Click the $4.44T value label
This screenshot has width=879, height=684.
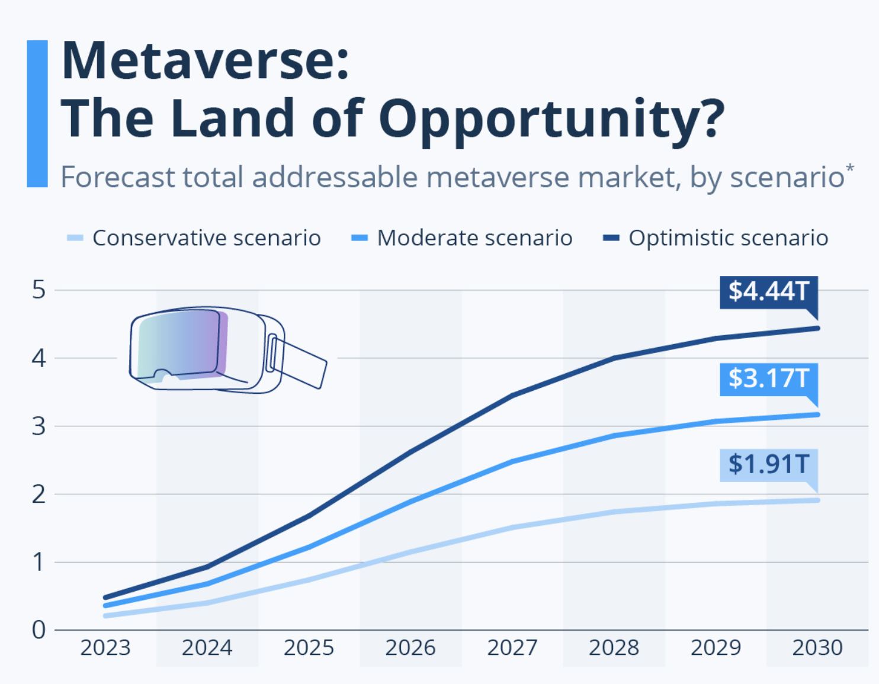768,291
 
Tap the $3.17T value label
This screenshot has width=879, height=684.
768,378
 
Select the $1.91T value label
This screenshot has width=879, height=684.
768,464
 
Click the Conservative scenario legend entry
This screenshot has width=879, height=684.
206,238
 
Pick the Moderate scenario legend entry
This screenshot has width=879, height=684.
474,238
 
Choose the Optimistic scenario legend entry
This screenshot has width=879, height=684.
728,238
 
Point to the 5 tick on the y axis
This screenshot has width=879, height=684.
39,290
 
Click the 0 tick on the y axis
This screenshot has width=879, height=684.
39,630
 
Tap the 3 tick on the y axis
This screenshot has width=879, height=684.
39,426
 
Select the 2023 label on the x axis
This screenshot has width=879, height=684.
105,648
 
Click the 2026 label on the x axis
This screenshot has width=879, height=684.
410,648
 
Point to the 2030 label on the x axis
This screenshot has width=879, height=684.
817,648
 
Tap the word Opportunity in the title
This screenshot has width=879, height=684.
551,118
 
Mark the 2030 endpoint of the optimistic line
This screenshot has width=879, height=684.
818,328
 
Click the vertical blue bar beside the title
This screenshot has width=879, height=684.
37,114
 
